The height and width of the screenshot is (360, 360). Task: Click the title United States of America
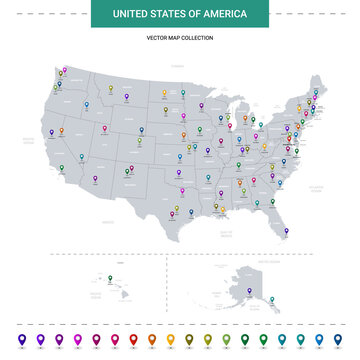[x=179, y=14]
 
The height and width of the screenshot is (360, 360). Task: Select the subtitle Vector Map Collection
[x=180, y=37]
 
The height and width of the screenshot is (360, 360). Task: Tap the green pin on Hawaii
[x=110, y=278]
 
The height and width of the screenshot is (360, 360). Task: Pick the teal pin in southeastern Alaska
[x=270, y=297]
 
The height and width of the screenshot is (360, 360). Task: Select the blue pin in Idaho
[x=86, y=104]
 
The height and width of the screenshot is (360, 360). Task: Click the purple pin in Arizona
[x=95, y=179]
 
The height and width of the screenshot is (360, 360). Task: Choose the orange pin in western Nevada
[x=61, y=130]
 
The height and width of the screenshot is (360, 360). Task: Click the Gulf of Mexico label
[x=226, y=231]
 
